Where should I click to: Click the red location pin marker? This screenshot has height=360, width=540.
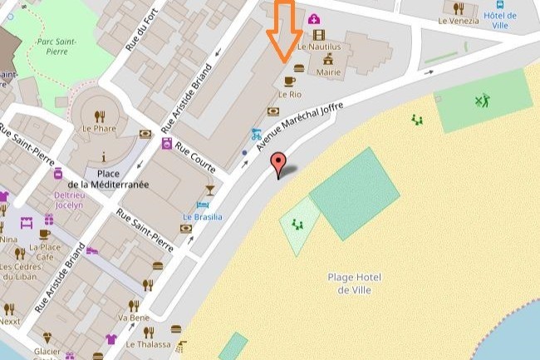(x=280, y=163)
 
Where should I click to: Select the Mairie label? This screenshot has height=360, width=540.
(x=329, y=72)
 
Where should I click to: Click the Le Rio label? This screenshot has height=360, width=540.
(x=289, y=94)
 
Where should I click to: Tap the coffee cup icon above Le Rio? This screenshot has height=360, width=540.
(x=289, y=81)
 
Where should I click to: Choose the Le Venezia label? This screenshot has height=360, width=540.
(x=459, y=21)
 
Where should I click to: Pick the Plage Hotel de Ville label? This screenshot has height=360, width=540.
(x=354, y=284)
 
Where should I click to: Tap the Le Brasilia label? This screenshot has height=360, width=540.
(x=203, y=217)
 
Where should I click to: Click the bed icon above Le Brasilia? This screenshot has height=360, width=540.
(x=203, y=205)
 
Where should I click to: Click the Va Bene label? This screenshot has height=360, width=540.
(x=133, y=318)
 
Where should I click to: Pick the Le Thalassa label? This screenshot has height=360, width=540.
(x=148, y=344)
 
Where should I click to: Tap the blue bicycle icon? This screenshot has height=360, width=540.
(x=257, y=133)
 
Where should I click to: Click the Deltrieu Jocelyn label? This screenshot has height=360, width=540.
(x=69, y=199)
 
